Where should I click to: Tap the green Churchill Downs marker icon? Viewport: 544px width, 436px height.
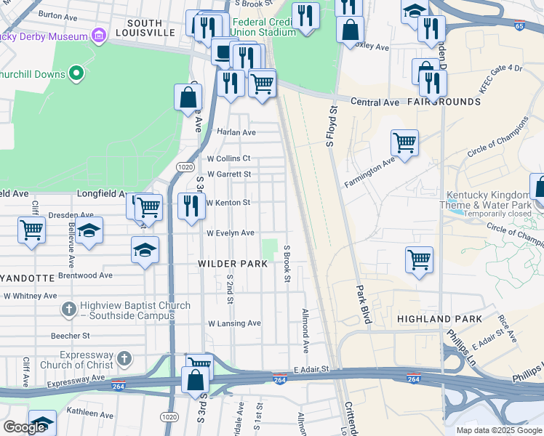75,74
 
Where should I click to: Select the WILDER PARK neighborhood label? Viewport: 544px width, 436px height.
233,264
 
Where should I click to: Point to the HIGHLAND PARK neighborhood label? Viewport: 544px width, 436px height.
439,319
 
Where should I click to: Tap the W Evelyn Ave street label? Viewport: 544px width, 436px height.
231,233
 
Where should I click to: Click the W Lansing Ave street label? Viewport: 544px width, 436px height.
234,323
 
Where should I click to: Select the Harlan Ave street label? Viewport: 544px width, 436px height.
236,133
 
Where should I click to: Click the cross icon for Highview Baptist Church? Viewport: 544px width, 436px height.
68,310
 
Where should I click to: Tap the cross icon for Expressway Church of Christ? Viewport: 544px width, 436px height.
124,358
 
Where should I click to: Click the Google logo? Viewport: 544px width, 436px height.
25,427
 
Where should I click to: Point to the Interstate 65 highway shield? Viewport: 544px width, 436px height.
519,25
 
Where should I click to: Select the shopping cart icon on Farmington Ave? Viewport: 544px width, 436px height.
404,142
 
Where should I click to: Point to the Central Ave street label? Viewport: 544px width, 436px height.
375,102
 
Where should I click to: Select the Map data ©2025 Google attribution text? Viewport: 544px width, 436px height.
499,430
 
